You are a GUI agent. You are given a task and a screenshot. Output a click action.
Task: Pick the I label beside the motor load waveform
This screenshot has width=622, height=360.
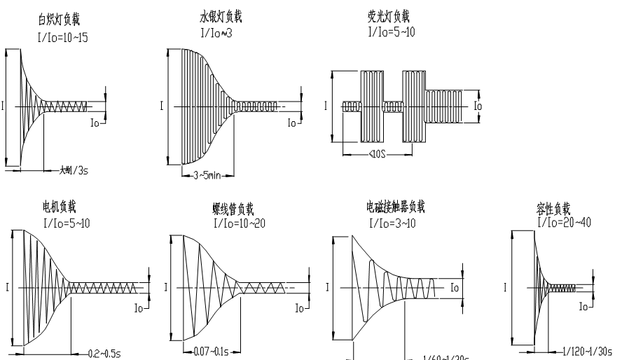pyautogui.click(x=6, y=287)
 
